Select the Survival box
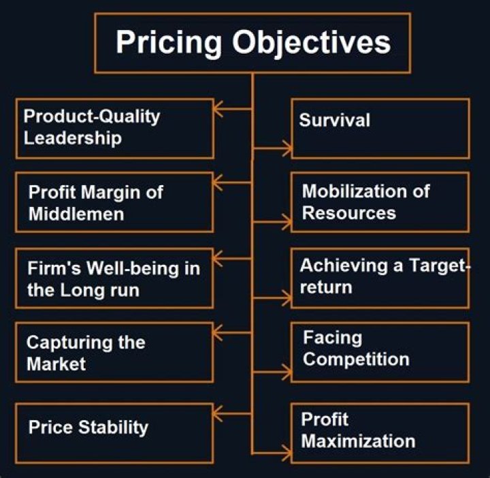pos(380,128)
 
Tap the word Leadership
pos(73,138)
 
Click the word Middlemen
pos(76,214)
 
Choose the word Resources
pos(348,212)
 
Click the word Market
pos(56,364)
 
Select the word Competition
pos(356,359)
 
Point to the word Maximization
pos(358,441)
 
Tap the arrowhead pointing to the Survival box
pos(287,146)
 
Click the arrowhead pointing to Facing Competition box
pos(287,372)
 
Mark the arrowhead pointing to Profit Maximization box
pos(287,450)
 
